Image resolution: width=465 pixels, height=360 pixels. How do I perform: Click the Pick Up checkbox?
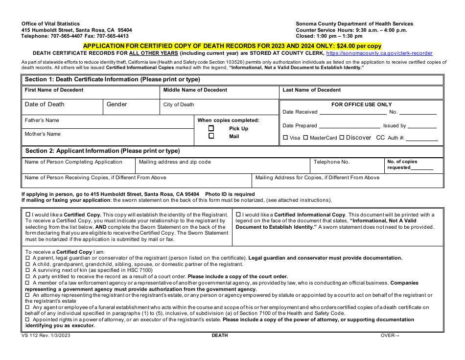pos(211,128)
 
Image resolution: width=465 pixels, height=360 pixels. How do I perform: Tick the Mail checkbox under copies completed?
pos(211,136)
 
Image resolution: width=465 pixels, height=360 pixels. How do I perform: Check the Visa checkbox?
pos(285,138)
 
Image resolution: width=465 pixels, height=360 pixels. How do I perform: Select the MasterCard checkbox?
pos(305,138)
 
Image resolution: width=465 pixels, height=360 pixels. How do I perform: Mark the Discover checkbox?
pos(342,138)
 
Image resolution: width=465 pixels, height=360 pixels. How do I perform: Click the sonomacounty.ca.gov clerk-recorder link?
pos(379,53)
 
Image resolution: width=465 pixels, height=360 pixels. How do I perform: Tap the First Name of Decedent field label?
pos(54,90)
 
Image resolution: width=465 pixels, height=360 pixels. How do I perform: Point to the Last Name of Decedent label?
pos(311,90)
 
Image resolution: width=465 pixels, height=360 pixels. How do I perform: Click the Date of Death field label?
pos(45,104)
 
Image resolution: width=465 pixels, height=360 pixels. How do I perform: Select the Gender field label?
pos(116,104)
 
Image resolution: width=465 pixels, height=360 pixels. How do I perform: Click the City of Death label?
pos(179,104)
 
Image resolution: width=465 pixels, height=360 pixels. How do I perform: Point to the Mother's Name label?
pos(43,134)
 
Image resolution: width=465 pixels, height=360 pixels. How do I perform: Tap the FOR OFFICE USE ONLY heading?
pos(361,104)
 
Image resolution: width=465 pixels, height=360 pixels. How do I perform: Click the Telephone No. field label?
pos(331,162)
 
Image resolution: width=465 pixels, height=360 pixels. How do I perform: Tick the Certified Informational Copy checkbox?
pos(238,215)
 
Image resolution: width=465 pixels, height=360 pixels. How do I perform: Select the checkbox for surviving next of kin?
pos(27,270)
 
